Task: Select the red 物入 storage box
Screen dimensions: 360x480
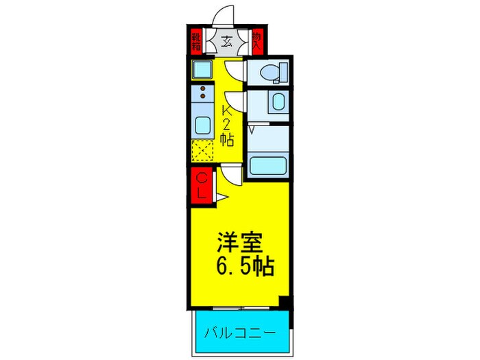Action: (x=256, y=42)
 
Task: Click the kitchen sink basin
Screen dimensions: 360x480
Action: (x=204, y=125)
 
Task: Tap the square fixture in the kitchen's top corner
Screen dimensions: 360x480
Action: (x=203, y=69)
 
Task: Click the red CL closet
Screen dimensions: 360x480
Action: (x=202, y=185)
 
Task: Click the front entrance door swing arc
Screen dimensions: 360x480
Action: (x=222, y=16)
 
